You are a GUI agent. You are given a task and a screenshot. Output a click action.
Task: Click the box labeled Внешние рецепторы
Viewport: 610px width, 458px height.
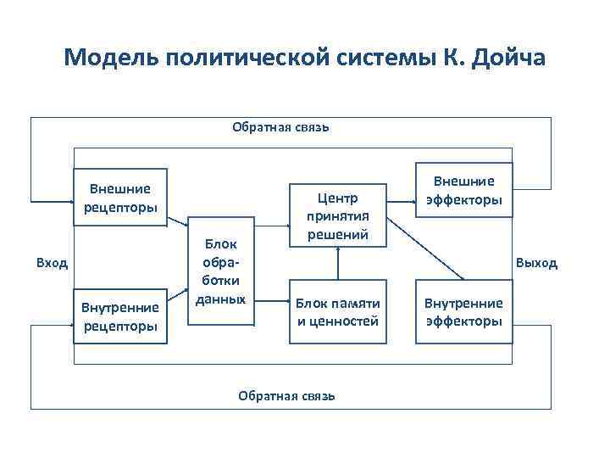[x=120, y=198]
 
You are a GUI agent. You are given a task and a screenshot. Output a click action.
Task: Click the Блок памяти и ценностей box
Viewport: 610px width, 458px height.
[x=337, y=311]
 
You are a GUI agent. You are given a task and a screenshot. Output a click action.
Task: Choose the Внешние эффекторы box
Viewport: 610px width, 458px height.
[x=463, y=191]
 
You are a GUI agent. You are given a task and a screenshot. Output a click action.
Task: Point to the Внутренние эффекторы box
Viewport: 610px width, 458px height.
[x=463, y=311]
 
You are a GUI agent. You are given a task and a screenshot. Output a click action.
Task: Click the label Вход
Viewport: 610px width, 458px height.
[x=52, y=262]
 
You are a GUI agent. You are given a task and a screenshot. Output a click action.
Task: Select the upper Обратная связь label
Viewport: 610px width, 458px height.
[x=280, y=128]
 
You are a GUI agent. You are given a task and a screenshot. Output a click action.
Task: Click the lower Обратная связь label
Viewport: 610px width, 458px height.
[x=286, y=394]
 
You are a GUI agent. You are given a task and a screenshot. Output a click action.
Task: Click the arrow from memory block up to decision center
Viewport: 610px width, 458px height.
[x=337, y=263]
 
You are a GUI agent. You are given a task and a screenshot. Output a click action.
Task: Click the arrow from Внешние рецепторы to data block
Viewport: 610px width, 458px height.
[x=179, y=222]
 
